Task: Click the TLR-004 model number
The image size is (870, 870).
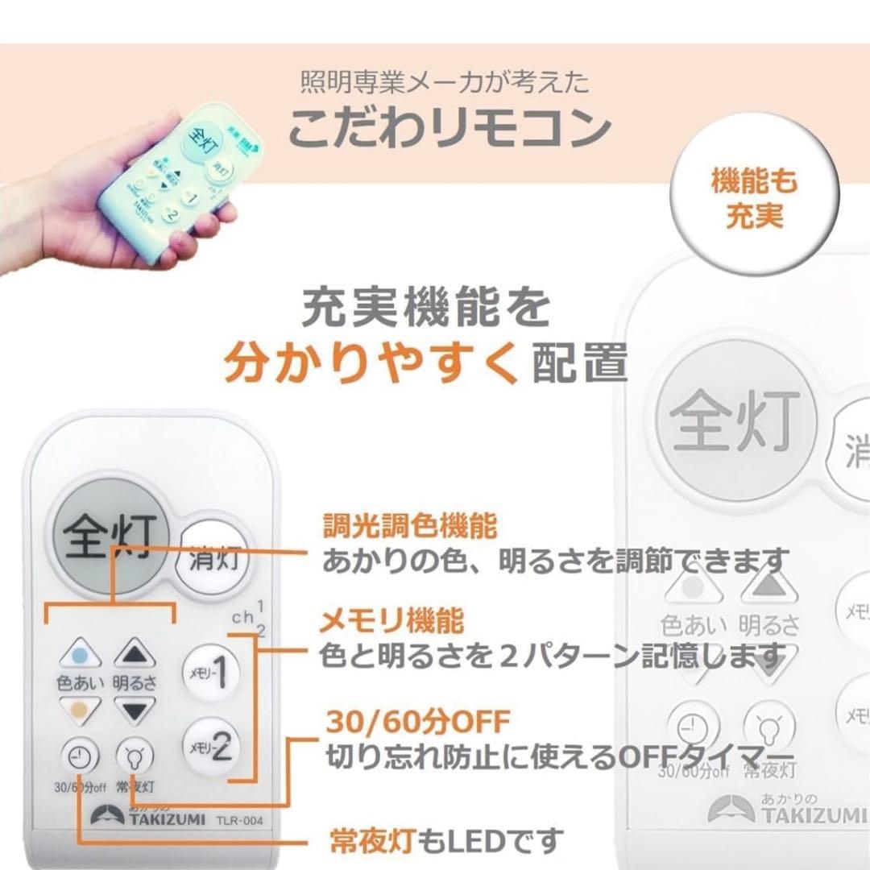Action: tap(240, 820)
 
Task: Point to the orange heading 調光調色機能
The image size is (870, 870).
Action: tap(409, 528)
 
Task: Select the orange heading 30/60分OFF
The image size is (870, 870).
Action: tap(417, 721)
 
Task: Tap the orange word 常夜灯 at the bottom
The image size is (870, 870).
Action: tap(372, 842)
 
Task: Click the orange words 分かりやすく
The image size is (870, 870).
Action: tap(371, 364)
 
